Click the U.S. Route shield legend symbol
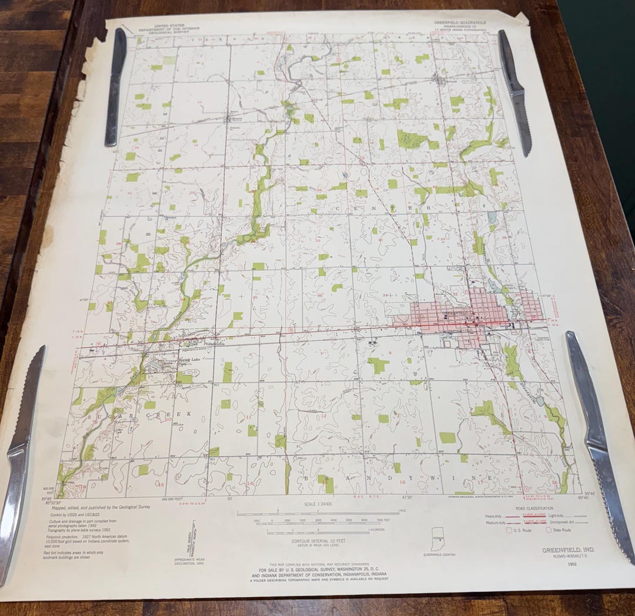coord(509,530)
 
